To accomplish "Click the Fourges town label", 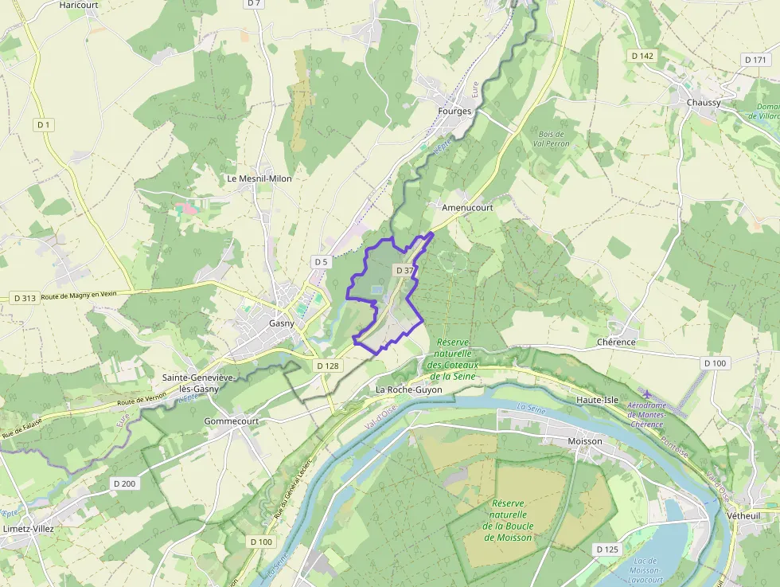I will pos(454,112).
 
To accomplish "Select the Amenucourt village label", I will pos(467,207).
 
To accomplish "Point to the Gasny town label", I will pos(281,324).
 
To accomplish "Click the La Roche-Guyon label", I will pos(408,390).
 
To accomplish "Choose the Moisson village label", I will pos(586,440).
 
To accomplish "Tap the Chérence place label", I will pos(616,342).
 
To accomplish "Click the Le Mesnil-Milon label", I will pos(259,178).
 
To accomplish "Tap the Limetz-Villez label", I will pos(29,529).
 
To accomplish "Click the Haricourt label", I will pos(78,5).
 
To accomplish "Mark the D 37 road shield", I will pos(404,271).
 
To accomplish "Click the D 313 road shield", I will pos(25,298).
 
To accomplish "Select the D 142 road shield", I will pos(642,56).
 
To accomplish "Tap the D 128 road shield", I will pos(327,366).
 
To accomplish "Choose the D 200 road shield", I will pos(124,483).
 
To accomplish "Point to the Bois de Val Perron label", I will pos(551,139).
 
